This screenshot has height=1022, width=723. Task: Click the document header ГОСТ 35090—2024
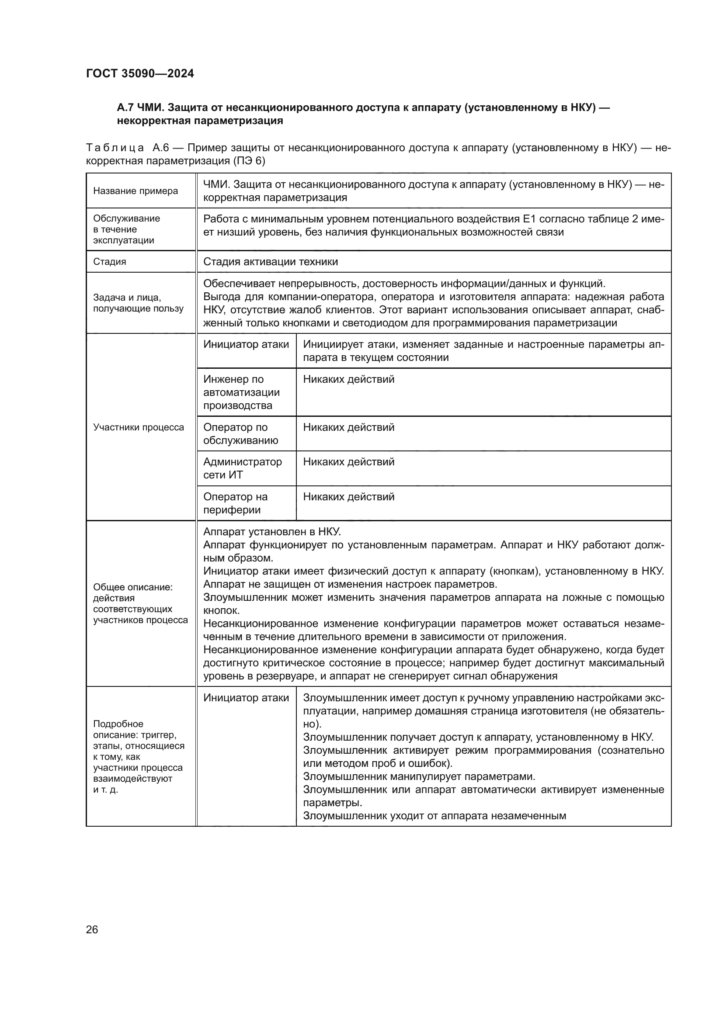click(140, 73)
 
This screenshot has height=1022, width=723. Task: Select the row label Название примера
click(136, 191)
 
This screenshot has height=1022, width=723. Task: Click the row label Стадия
click(110, 262)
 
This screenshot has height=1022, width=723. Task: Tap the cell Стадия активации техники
click(270, 262)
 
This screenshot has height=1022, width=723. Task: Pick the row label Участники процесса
click(139, 427)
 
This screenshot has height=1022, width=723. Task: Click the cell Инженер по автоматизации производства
click(241, 392)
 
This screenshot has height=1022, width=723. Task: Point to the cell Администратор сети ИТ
click(242, 468)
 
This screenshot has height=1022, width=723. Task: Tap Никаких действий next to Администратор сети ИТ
click(348, 462)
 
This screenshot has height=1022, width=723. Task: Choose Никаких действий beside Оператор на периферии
click(348, 497)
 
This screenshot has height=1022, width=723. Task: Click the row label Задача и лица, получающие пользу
click(138, 303)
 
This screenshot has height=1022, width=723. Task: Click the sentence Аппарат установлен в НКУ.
click(271, 532)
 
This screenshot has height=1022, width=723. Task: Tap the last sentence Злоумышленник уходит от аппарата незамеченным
click(434, 816)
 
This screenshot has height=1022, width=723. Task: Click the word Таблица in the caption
click(115, 148)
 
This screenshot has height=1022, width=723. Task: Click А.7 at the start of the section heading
click(126, 108)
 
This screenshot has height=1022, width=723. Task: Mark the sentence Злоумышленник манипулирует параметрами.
click(418, 777)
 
